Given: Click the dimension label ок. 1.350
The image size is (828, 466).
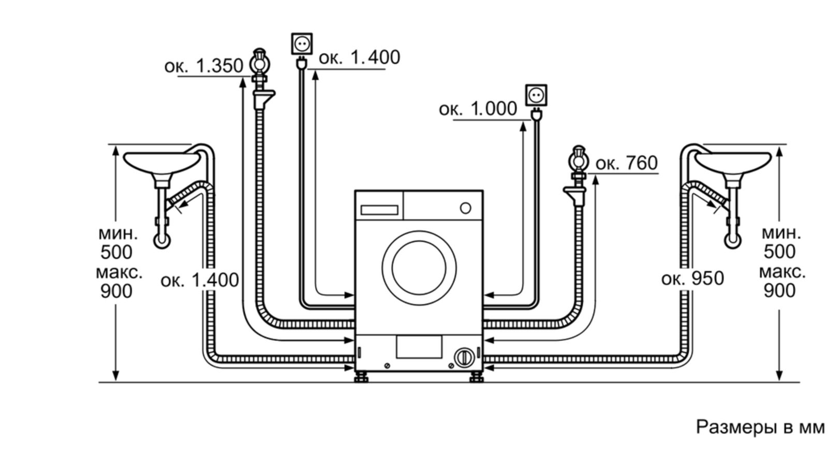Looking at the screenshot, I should pos(203,66).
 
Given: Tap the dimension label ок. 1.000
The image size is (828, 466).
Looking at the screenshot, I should pos(478,109).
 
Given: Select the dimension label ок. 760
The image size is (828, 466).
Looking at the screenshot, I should pos(626,163).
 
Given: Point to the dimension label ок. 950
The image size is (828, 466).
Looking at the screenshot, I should pos(692,279).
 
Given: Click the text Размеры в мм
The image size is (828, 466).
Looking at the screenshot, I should pos(760,427).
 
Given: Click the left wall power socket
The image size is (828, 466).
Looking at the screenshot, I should pos(302,43).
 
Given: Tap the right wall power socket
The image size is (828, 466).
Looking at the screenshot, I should pos(536,95).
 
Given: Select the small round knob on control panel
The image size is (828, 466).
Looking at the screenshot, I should pos(465,208).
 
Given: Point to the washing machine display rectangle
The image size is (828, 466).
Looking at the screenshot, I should pos(379,210).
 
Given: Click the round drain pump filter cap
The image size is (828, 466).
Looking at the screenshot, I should pos(464,357).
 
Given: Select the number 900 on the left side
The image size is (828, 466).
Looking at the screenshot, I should pos(116,292).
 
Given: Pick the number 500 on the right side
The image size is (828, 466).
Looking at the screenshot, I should pos(779,252).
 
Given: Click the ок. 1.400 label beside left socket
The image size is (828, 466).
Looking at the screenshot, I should pos(359,57).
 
